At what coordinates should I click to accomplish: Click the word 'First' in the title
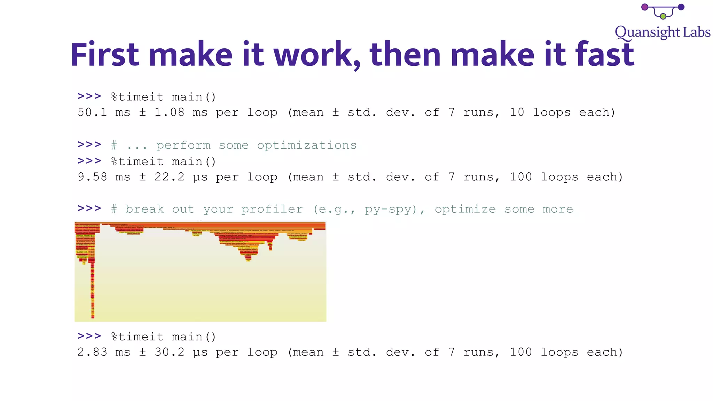105,54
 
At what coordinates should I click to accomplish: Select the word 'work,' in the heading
317,55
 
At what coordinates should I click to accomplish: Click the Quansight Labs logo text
663,32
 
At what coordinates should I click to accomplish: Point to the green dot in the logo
663,16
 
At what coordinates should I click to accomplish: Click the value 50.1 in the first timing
92,112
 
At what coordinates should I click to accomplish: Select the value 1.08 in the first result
169,112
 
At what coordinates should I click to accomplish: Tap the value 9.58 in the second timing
92,177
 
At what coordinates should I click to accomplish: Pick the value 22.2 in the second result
169,177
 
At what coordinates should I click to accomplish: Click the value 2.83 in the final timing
92,352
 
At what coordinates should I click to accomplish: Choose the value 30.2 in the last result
169,352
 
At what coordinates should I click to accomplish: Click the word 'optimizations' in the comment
307,145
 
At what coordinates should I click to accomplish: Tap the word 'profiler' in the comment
272,209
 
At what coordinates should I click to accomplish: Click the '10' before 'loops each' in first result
517,112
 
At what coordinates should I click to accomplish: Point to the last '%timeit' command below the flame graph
137,337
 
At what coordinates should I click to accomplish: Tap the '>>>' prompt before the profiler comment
89,209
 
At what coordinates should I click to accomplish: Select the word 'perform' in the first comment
183,146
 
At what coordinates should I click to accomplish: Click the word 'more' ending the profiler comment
557,209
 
